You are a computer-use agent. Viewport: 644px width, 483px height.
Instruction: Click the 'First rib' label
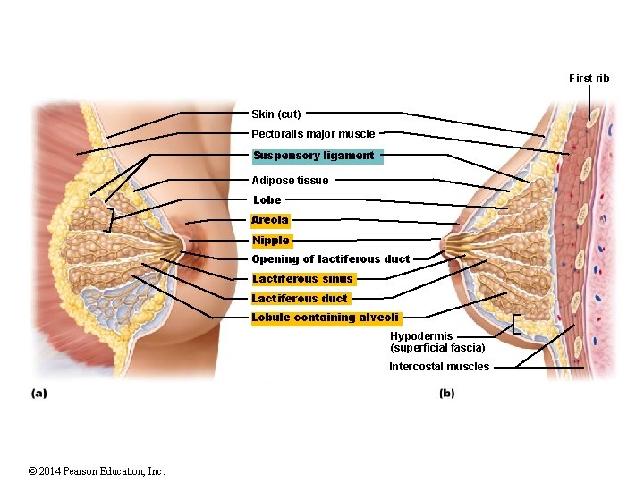coord(589,79)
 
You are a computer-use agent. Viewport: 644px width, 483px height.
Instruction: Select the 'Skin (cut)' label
coord(276,114)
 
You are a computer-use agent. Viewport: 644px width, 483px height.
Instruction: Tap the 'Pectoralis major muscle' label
coord(313,134)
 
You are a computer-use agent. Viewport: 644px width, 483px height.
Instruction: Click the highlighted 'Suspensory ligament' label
coord(314,156)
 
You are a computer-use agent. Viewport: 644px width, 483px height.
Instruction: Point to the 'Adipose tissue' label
coord(290,181)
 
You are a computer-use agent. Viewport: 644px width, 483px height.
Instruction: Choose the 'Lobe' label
coord(267,200)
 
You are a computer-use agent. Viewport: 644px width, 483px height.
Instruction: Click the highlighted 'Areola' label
coord(270,220)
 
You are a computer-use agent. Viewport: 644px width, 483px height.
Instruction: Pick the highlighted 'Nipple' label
coord(271,241)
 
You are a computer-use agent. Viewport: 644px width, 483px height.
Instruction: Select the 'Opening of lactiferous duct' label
coord(330,259)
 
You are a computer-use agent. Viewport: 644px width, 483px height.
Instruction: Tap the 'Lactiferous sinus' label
coord(302,279)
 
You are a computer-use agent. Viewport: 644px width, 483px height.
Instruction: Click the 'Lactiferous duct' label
coord(300,299)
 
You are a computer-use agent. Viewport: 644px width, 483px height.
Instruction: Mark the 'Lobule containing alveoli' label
coord(326,318)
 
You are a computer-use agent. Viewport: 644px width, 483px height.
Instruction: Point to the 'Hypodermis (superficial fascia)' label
coord(437,342)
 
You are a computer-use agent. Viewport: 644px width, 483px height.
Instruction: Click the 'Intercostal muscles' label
coord(438,367)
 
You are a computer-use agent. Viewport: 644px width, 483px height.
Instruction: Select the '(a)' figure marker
coord(38,393)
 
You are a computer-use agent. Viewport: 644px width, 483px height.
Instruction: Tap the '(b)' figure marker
coord(447,393)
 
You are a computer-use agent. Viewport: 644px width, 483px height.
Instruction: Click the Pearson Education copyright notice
coord(97,471)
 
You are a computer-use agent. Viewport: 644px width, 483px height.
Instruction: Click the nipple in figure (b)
coord(446,241)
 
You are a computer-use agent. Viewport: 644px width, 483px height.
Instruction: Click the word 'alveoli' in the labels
coord(378,318)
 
